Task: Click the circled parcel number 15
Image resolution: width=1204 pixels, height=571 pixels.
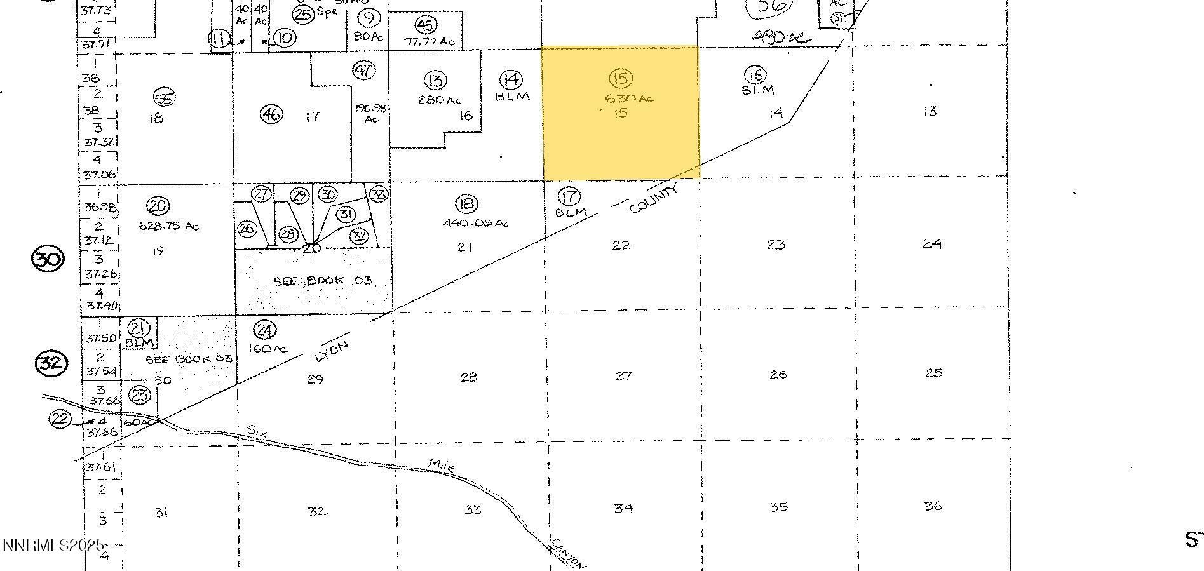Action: pyautogui.click(x=620, y=78)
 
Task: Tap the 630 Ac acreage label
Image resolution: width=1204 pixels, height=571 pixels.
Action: pyautogui.click(x=630, y=98)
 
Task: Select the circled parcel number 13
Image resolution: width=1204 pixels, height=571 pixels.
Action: pyautogui.click(x=435, y=81)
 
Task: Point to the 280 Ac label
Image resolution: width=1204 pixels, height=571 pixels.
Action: pyautogui.click(x=440, y=100)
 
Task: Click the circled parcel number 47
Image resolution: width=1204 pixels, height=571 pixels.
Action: pyautogui.click(x=363, y=70)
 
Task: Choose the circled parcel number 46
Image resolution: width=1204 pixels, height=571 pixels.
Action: pyautogui.click(x=271, y=114)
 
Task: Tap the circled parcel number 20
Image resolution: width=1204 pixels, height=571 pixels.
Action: pyautogui.click(x=157, y=206)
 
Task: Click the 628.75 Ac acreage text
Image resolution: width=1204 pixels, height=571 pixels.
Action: pyautogui.click(x=168, y=226)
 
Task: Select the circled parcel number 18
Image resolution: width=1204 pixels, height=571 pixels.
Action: pyautogui.click(x=466, y=204)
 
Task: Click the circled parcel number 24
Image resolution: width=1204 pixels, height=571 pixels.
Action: pyautogui.click(x=264, y=330)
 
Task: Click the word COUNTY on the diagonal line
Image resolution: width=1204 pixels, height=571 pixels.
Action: pyautogui.click(x=654, y=198)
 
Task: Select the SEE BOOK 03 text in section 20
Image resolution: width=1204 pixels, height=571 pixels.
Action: pyautogui.click(x=322, y=281)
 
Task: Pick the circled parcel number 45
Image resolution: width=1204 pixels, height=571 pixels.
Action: pyautogui.click(x=425, y=25)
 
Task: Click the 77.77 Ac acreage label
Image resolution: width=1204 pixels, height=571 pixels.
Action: pyautogui.click(x=430, y=42)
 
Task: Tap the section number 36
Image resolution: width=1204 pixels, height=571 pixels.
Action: pyautogui.click(x=933, y=506)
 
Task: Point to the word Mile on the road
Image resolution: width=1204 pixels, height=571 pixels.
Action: pyautogui.click(x=442, y=466)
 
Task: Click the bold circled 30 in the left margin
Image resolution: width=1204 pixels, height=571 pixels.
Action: pyautogui.click(x=48, y=259)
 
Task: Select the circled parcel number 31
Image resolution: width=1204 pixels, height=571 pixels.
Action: pyautogui.click(x=345, y=214)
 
